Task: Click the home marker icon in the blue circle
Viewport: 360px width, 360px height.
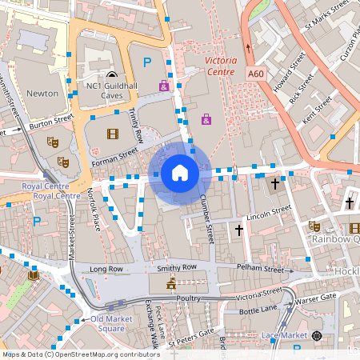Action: (180, 172)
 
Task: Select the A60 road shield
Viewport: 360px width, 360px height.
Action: (255, 74)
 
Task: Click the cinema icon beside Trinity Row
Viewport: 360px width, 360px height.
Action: (112, 134)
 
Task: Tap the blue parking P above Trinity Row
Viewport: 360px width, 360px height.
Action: (146, 62)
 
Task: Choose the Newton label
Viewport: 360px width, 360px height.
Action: (42, 93)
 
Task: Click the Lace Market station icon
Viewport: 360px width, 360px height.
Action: (317, 335)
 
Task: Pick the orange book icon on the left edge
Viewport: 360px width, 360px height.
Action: (34, 276)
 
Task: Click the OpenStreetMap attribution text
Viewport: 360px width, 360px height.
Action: (81, 354)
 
